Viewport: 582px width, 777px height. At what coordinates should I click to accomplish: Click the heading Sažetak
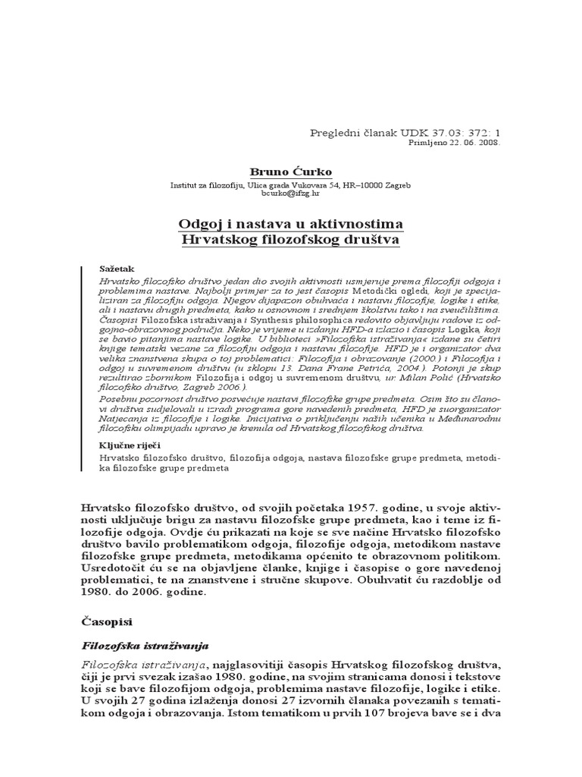tap(114, 269)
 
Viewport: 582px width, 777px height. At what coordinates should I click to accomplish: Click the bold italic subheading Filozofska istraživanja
tap(144, 646)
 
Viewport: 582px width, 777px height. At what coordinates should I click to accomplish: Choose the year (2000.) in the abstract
tap(419, 354)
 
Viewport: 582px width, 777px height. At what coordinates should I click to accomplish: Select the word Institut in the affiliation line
tap(184, 185)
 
